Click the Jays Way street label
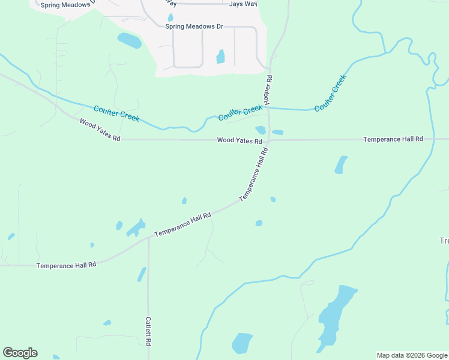pyautogui.click(x=243, y=4)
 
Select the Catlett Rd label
pyautogui.click(x=148, y=331)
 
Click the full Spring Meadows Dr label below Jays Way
pyautogui.click(x=194, y=26)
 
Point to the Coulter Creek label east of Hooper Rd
pyautogui.click(x=331, y=92)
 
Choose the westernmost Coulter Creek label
pyautogui.click(x=116, y=113)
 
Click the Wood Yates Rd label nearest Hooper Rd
pyautogui.click(x=240, y=140)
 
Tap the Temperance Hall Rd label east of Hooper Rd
pyautogui.click(x=393, y=139)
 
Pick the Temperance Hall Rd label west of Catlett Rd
pyautogui.click(x=66, y=265)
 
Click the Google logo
pyautogui.click(x=20, y=353)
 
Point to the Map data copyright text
pyautogui.click(x=412, y=355)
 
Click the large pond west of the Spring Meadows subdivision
pyautogui.click(x=129, y=41)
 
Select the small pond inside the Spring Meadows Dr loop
pyautogui.click(x=220, y=56)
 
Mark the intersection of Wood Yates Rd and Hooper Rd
pyautogui.click(x=269, y=140)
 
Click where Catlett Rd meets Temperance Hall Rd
pyautogui.click(x=148, y=238)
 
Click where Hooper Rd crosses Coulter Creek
pyautogui.click(x=268, y=109)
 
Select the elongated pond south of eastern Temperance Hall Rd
pyautogui.click(x=341, y=164)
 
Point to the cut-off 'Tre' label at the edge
pyautogui.click(x=444, y=241)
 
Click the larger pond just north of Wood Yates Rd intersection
pyautogui.click(x=261, y=130)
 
